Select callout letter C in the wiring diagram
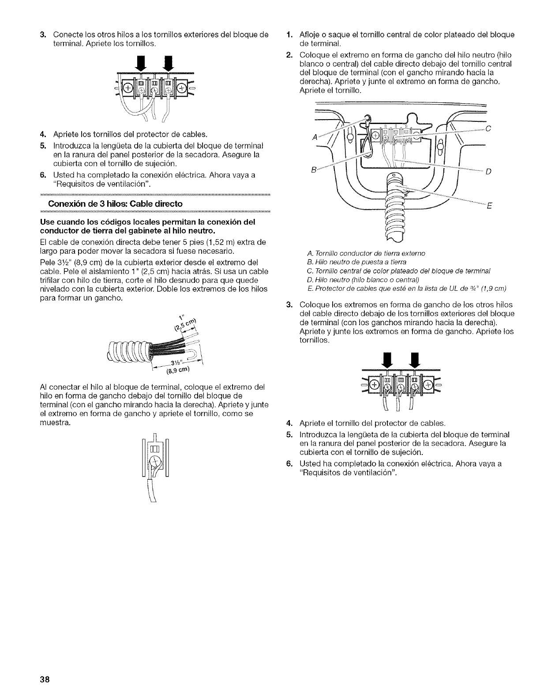point(487,129)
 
